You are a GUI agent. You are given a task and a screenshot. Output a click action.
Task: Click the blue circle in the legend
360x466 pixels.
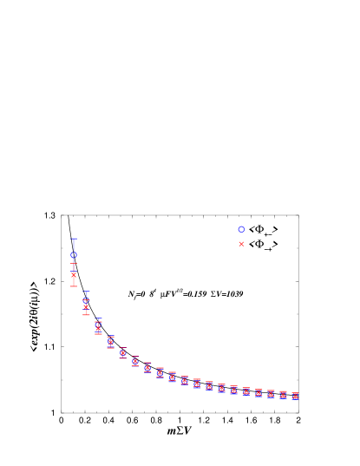tap(241, 229)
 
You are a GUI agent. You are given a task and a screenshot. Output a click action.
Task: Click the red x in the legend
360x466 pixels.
tap(241, 244)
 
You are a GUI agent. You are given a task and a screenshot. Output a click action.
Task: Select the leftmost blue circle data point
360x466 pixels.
tap(74, 255)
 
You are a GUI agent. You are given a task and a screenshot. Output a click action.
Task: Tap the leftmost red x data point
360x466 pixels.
tap(74, 274)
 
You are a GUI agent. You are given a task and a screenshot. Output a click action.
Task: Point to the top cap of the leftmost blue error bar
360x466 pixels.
tap(74, 239)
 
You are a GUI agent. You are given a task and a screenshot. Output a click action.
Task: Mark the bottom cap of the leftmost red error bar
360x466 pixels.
tap(74, 286)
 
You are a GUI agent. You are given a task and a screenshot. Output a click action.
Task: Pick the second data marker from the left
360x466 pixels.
tap(86, 304)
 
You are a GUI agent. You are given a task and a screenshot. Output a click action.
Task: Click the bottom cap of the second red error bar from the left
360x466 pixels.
tap(86, 314)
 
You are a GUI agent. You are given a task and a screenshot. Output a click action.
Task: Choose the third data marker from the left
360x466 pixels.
tap(98, 327)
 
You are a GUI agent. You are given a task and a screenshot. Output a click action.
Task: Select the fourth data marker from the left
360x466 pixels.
tap(110, 342)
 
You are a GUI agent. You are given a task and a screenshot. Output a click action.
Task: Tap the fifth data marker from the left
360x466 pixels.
tap(122, 353)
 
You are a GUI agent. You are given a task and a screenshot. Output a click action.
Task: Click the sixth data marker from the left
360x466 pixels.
tap(134, 361)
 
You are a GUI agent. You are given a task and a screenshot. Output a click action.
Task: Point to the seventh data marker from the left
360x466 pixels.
tap(147, 368)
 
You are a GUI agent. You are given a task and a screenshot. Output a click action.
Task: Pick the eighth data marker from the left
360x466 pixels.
tap(160, 372)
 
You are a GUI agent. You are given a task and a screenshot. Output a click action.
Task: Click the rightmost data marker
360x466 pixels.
tap(295, 396)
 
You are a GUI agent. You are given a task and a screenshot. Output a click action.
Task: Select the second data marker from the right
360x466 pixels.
tap(283, 395)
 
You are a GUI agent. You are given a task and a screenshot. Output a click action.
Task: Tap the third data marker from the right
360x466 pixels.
tap(271, 394)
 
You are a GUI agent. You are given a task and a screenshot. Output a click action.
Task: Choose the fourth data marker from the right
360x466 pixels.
tap(259, 393)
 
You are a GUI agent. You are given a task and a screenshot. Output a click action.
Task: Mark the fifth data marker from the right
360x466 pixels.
tap(245, 391)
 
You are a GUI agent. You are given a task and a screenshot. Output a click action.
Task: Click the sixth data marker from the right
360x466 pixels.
tap(233, 391)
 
